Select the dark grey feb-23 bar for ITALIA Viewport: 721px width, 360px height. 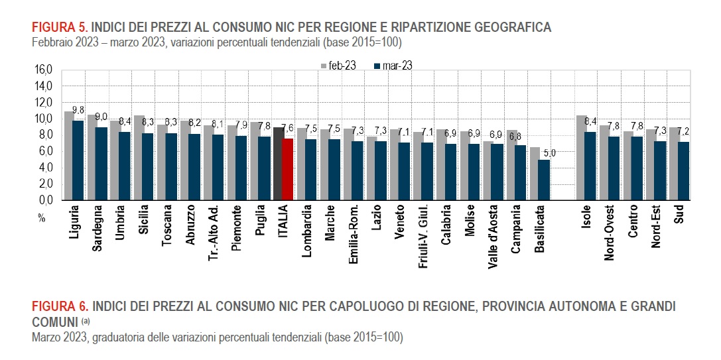click(x=278, y=163)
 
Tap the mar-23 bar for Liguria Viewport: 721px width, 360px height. click(x=78, y=160)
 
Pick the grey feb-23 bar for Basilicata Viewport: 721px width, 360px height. click(x=534, y=174)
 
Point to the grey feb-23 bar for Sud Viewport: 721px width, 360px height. click(x=674, y=163)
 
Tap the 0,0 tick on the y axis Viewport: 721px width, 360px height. click(x=45, y=200)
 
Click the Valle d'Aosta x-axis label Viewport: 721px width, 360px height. click(x=492, y=235)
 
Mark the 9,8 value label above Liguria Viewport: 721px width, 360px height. click(x=78, y=110)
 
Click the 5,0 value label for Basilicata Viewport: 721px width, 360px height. click(x=544, y=153)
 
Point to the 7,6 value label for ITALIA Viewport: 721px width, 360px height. click(x=288, y=129)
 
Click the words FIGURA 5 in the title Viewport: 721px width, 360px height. click(x=59, y=27)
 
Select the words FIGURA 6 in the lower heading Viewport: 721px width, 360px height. click(x=60, y=306)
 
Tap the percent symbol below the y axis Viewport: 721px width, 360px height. click(x=41, y=218)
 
